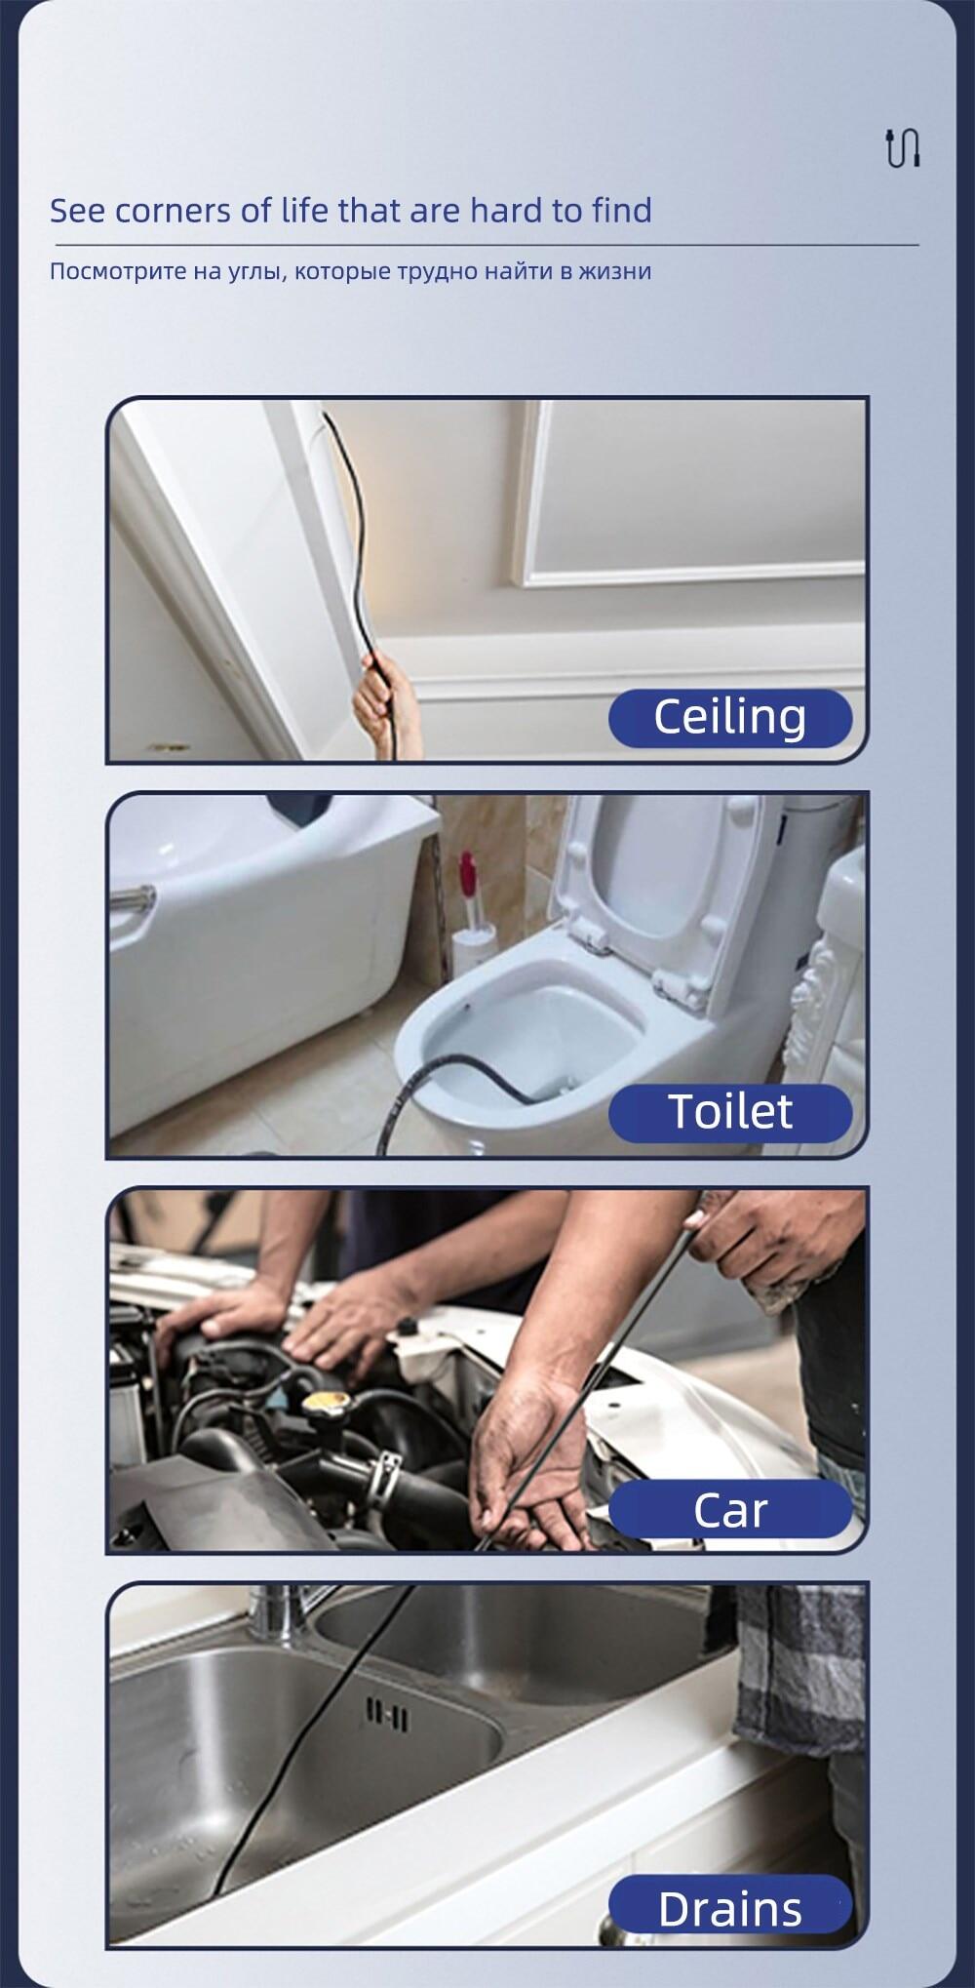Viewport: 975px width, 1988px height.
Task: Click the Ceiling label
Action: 730,718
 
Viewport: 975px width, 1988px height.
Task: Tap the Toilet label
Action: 730,1112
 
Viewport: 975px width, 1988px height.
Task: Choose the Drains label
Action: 730,1908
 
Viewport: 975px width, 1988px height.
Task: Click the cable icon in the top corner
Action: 902,147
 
